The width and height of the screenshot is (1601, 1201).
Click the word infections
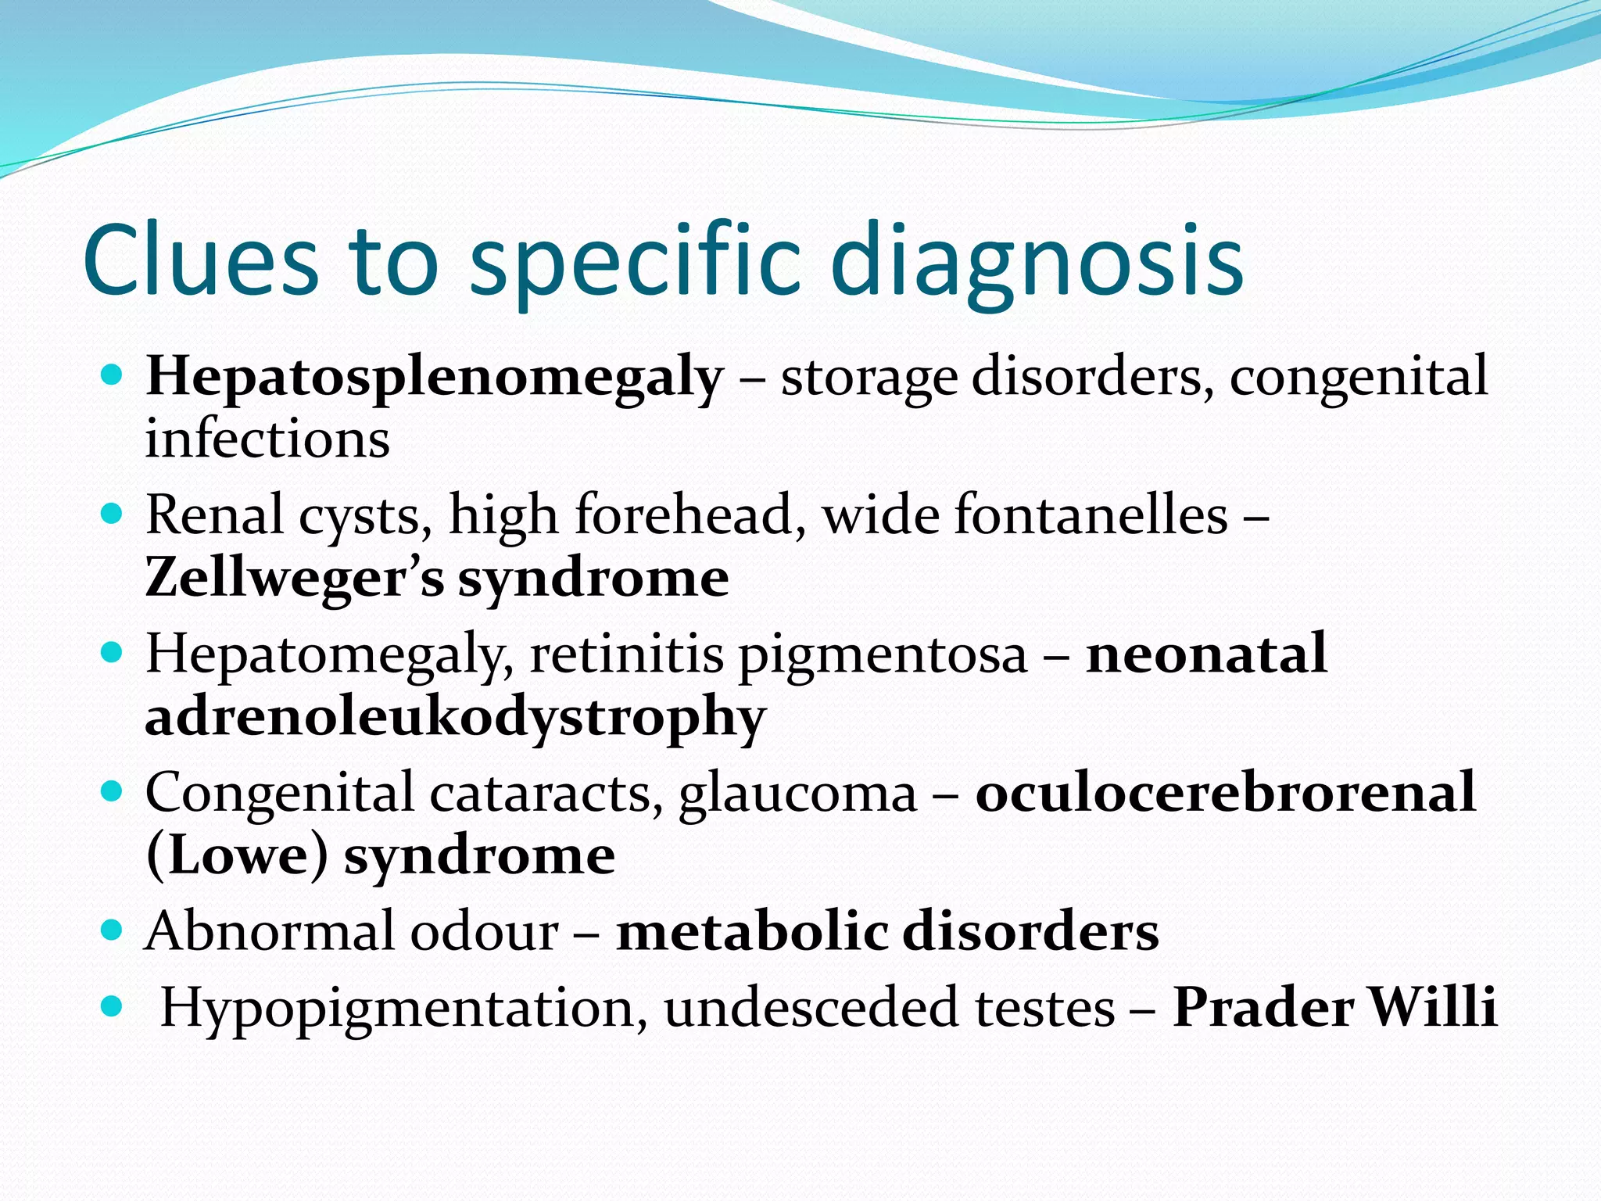[x=267, y=439]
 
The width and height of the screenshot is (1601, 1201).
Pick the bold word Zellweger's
[x=295, y=579]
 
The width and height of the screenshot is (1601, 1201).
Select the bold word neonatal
[x=1206, y=654]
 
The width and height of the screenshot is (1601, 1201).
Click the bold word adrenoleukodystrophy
[x=455, y=718]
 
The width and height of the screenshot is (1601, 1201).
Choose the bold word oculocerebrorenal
[x=1226, y=794]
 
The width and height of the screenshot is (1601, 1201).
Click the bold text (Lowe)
[x=237, y=856]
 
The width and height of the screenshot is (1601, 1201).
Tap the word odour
[x=485, y=932]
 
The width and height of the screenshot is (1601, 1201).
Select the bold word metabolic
[x=751, y=932]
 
